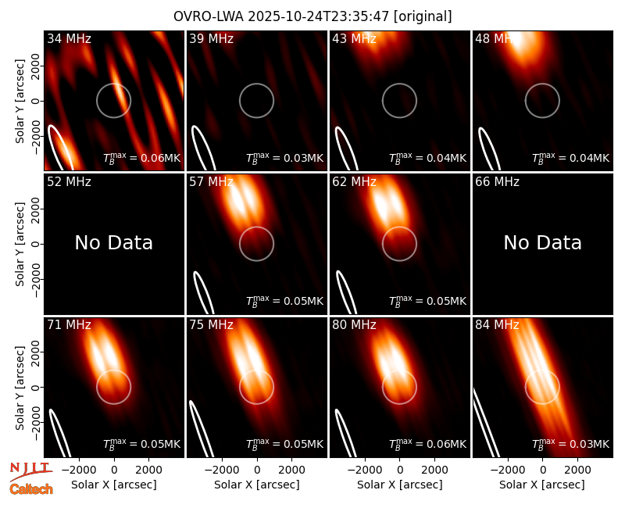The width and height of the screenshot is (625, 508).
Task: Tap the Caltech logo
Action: pyautogui.click(x=31, y=489)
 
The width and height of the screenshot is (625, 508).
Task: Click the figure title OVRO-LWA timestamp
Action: pyautogui.click(x=312, y=16)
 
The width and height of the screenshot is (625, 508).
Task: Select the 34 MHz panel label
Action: pyautogui.click(x=69, y=38)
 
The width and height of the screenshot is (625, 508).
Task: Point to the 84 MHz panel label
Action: pyautogui.click(x=497, y=325)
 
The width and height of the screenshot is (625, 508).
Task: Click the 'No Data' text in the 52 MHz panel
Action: pyautogui.click(x=114, y=242)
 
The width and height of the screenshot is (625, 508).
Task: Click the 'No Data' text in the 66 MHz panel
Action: pyautogui.click(x=542, y=242)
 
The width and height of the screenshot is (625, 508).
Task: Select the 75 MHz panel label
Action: pyautogui.click(x=211, y=325)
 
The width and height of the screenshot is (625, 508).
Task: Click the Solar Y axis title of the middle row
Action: pyautogui.click(x=20, y=244)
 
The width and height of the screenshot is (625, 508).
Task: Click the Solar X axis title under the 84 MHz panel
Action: pyautogui.click(x=542, y=485)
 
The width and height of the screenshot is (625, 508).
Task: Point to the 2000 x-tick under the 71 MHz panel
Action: pyautogui.click(x=148, y=470)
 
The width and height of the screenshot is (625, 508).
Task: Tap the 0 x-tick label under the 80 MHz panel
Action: pyautogui.click(x=400, y=470)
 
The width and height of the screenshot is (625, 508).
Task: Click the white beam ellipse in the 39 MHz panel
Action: pyautogui.click(x=202, y=147)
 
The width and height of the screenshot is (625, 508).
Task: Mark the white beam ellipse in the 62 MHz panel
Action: pyautogui.click(x=346, y=292)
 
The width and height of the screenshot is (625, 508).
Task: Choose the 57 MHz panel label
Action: pyautogui.click(x=211, y=182)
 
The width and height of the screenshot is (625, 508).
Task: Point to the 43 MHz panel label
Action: pyautogui.click(x=355, y=38)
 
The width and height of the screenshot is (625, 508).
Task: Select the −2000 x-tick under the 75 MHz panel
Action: pyautogui.click(x=220, y=470)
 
